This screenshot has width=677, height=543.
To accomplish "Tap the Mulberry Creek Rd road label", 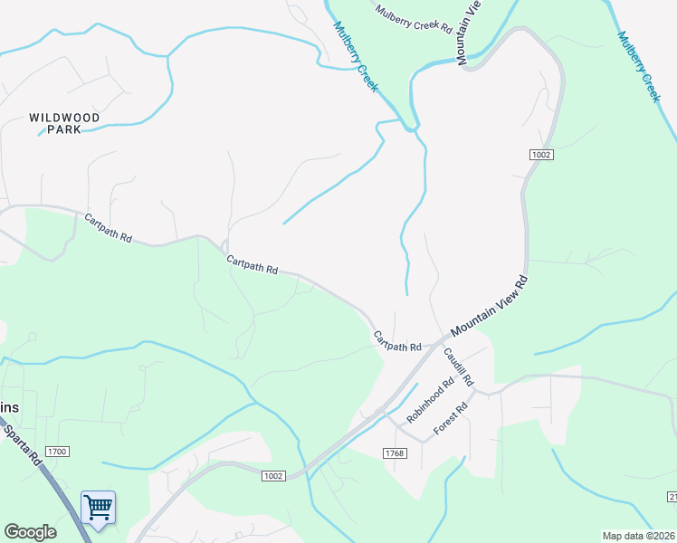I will point(414,19).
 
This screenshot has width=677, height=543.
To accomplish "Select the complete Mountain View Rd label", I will point(488,305).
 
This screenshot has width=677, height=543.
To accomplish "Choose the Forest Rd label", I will point(450,421).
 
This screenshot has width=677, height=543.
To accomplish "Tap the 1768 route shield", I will point(395,452).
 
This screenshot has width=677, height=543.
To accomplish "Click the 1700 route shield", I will point(56,452).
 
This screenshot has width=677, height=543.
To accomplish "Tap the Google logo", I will point(30,532).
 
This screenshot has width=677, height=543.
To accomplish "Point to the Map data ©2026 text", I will point(638,536).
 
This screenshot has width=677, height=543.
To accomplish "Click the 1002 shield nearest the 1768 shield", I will point(274,476).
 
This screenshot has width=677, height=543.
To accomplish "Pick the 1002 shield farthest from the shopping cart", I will point(541,156).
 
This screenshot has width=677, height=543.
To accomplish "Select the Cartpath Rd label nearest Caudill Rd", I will point(397,341).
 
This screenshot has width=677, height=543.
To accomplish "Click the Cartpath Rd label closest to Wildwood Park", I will point(109,227).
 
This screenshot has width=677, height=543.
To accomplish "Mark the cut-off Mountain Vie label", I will point(467,33).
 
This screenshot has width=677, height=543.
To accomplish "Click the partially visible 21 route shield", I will point(672,498).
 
